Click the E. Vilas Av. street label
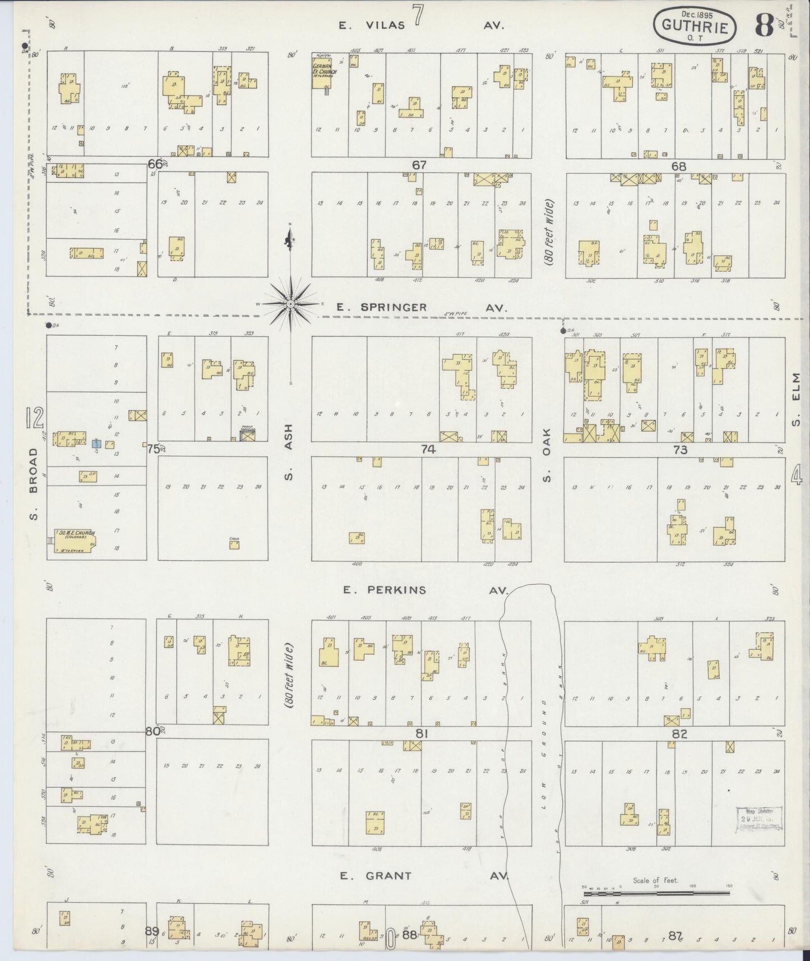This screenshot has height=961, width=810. [422, 25]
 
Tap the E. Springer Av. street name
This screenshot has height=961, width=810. [422, 307]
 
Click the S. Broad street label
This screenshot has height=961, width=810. [33, 483]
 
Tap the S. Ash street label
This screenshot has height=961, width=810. [289, 451]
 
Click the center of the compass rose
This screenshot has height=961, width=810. [291, 304]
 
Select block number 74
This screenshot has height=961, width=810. [428, 449]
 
